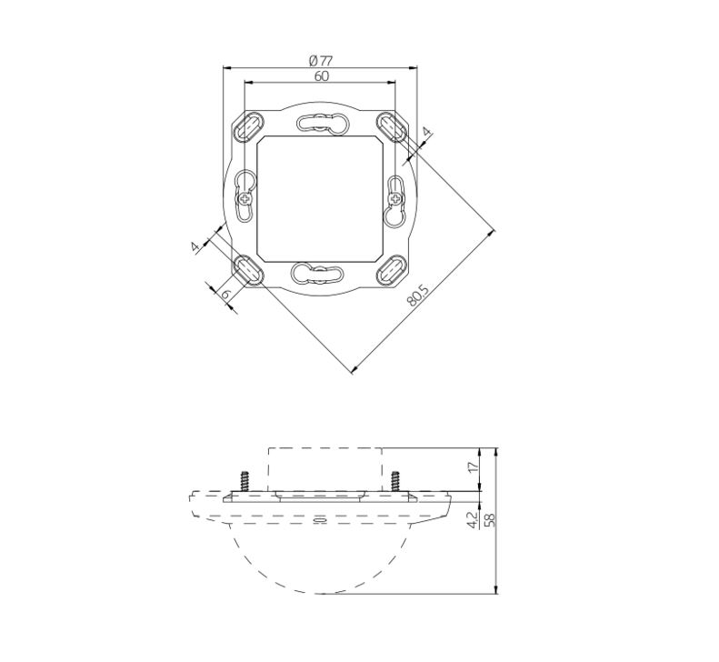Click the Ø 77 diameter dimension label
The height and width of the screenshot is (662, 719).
[321, 60]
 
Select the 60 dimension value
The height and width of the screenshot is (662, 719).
[322, 76]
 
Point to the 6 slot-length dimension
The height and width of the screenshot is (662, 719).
[225, 294]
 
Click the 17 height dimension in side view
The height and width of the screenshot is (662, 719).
[474, 467]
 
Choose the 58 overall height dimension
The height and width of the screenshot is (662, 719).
[490, 520]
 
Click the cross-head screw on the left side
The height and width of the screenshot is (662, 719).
[245, 198]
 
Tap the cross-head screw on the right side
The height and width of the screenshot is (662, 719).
[394, 198]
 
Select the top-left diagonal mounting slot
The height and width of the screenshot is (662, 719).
[249, 126]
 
